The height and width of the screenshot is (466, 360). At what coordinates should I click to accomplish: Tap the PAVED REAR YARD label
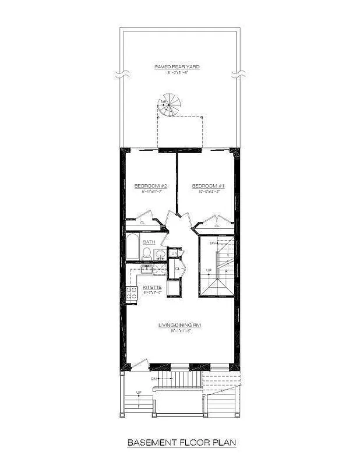[177, 68]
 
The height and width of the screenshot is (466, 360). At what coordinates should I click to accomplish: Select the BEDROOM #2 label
[151, 186]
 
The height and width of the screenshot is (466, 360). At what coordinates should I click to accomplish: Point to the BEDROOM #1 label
[209, 186]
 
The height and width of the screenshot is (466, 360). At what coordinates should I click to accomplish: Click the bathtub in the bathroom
[133, 250]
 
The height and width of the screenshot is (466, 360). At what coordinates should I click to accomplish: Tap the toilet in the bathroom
[147, 253]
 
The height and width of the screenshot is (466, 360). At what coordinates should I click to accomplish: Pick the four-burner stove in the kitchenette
[132, 292]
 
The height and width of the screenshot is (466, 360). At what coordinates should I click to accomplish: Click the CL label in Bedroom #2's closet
[142, 222]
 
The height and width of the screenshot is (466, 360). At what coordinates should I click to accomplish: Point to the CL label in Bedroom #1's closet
[217, 225]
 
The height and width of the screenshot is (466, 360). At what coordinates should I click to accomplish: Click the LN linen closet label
[174, 253]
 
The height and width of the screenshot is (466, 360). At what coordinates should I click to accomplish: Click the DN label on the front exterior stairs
[154, 379]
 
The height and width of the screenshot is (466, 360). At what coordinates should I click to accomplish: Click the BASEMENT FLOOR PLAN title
[181, 443]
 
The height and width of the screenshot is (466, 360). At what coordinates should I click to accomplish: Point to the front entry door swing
[138, 364]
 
